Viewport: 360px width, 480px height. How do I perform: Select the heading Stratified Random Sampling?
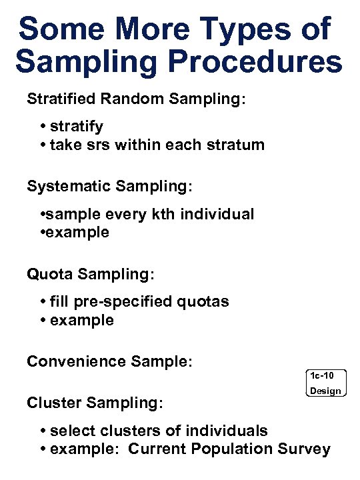(136, 99)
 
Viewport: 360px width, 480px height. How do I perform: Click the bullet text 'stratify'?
(76, 127)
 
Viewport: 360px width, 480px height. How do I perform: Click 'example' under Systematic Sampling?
(77, 233)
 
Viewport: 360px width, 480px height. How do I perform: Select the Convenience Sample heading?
(109, 361)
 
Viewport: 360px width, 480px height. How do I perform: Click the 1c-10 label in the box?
(326, 375)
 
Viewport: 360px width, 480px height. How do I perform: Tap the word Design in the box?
(326, 391)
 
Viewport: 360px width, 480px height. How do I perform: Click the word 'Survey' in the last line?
(305, 449)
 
